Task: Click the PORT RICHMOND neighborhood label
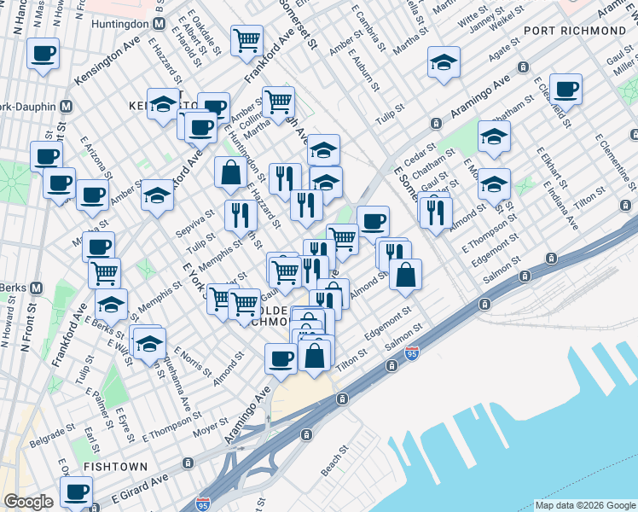575,31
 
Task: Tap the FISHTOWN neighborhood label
116,467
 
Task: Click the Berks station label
13,288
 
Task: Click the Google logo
28,502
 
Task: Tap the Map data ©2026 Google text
584,505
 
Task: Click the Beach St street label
334,461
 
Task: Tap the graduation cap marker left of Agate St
444,62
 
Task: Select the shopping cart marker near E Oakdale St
246,39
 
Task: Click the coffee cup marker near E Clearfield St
566,88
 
